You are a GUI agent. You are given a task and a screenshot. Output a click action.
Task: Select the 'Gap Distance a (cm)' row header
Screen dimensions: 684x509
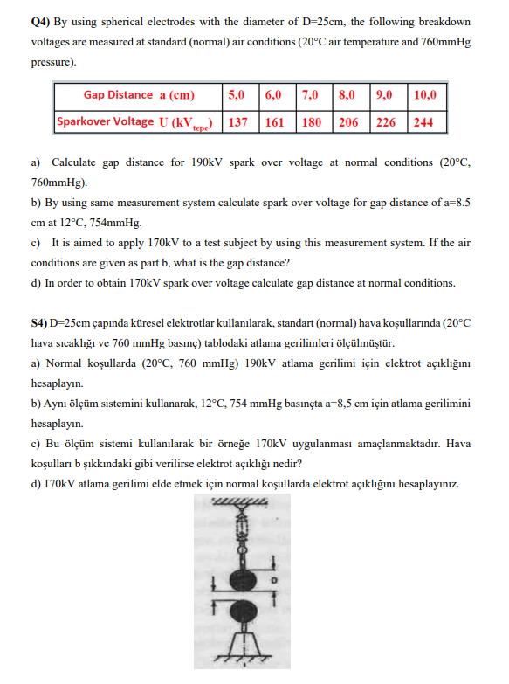[139, 95]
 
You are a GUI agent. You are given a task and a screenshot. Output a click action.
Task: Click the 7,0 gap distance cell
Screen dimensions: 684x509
[309, 95]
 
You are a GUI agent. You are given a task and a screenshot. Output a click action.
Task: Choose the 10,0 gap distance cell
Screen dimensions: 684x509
[426, 95]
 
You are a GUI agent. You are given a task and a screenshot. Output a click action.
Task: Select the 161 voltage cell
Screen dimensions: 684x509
[274, 122]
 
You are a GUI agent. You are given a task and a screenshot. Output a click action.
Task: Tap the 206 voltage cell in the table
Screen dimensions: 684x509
[348, 122]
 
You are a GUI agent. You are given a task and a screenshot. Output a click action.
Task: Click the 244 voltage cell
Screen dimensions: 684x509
[423, 122]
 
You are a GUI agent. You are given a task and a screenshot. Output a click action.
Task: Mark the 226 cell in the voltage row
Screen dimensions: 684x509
[385, 122]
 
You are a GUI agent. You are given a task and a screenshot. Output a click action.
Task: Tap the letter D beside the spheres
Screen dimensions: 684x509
[273, 579]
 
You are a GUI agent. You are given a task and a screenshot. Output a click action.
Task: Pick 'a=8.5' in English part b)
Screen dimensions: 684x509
[454, 203]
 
